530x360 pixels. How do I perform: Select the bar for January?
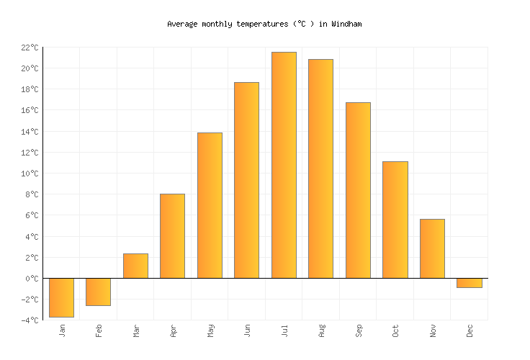pos(61,297)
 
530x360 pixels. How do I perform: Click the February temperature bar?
pos(98,292)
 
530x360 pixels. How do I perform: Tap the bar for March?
pos(135,266)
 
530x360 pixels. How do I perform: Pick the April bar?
pos(172,235)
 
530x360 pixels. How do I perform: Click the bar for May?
pos(210,205)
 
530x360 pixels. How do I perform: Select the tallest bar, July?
pos(284,165)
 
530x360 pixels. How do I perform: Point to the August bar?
pos(320,168)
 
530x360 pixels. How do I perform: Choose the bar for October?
pos(395,220)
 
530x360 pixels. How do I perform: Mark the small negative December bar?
pos(469,283)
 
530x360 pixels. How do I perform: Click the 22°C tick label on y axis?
pos(29,48)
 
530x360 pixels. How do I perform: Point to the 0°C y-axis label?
pos(31,279)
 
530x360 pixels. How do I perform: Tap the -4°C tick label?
pos(29,320)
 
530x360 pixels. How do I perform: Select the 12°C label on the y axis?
pos(29,153)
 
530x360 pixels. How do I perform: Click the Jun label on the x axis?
pos(247,330)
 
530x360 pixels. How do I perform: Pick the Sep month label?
pos(358,330)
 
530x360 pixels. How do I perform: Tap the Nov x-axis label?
pos(433,330)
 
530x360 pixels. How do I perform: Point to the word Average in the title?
pos(182,24)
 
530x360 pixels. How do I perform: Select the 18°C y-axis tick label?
pos(29,89)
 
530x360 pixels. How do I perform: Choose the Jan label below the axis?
pos(62,330)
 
